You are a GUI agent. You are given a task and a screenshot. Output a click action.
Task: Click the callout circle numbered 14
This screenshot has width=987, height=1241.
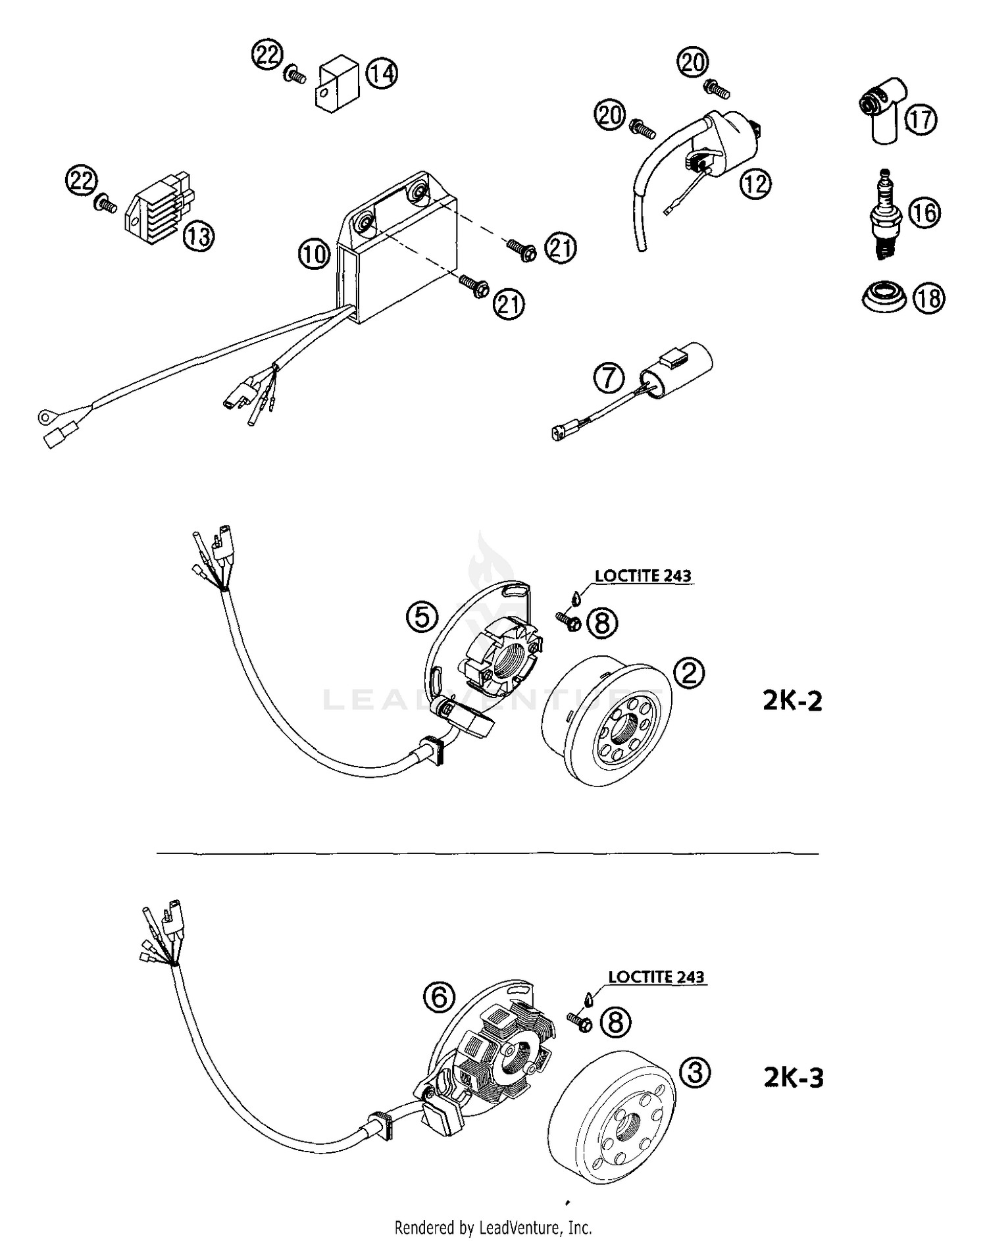point(382,73)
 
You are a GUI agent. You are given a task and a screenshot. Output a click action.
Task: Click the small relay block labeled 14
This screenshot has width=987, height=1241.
point(339,82)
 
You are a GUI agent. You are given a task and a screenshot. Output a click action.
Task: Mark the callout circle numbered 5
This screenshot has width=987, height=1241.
point(421,617)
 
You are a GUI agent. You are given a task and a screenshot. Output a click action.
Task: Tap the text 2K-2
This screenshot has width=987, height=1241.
point(792,701)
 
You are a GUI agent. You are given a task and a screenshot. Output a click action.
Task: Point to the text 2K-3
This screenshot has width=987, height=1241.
point(793,1078)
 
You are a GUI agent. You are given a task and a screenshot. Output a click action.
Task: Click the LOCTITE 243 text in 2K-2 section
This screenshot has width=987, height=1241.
point(643,576)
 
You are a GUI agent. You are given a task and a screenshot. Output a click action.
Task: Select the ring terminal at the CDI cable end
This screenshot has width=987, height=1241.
point(45,415)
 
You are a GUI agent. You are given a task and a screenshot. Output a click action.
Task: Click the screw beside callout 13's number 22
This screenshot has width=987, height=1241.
point(105,203)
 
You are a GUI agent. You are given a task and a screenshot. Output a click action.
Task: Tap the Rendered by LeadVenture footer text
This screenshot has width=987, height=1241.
point(493,1227)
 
